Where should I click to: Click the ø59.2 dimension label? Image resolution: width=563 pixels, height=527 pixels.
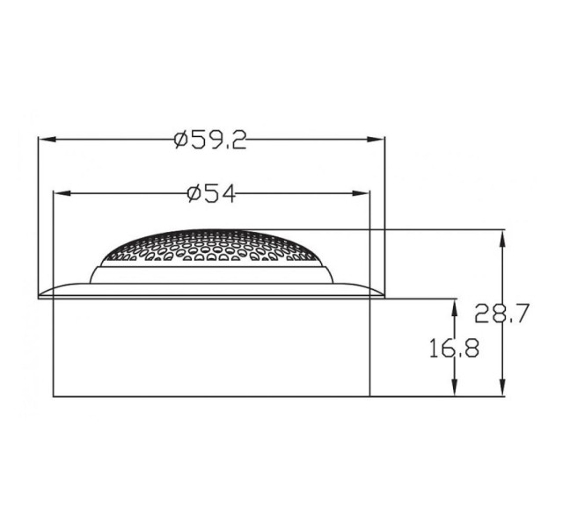pos(210,140)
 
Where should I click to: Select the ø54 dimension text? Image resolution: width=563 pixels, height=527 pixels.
pos(211,193)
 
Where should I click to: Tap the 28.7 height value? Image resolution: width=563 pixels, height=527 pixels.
pos(501,313)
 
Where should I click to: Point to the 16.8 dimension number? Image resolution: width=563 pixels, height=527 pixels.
pos(454,349)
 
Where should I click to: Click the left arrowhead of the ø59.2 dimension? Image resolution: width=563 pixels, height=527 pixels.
pos(47,140)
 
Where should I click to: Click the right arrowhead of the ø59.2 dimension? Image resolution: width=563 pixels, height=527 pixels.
pos(376,140)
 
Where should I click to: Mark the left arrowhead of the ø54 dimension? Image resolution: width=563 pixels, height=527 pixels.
pos(62,193)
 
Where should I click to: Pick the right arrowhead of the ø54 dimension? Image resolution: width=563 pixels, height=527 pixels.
pos(361,193)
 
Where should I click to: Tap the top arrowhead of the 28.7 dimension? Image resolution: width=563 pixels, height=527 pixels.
pos(502,238)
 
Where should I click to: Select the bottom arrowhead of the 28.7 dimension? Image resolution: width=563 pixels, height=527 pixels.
pos(502,387)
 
